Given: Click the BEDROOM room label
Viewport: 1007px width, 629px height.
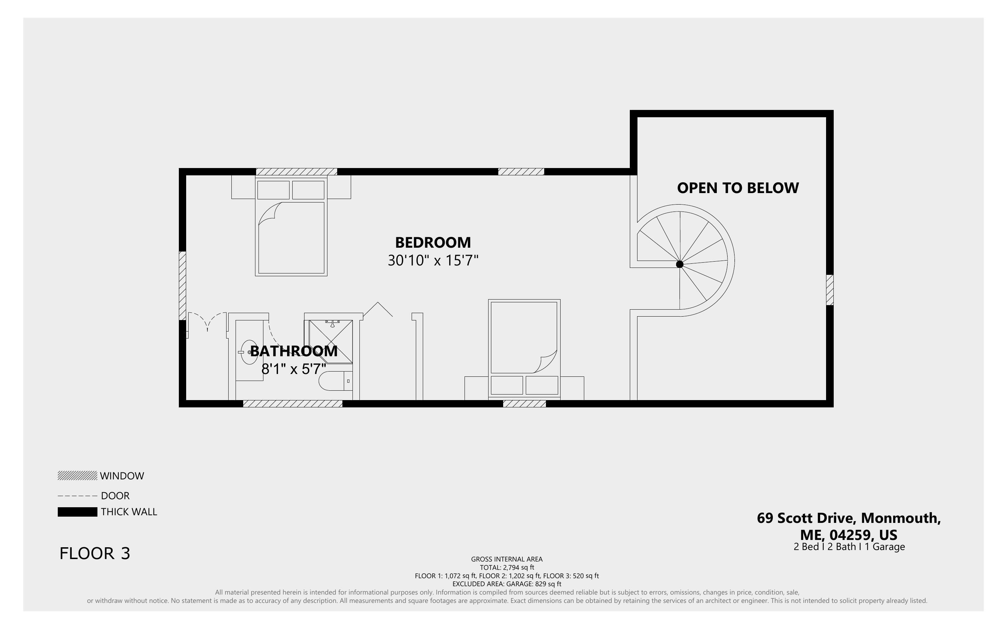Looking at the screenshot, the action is (x=433, y=242).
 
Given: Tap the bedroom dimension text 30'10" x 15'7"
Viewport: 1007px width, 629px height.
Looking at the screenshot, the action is (x=433, y=261).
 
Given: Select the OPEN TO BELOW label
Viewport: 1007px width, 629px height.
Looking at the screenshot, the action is (x=738, y=188).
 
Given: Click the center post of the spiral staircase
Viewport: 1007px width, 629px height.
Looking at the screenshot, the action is (x=680, y=264).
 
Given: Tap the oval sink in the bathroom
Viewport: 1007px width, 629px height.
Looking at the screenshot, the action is (x=249, y=352).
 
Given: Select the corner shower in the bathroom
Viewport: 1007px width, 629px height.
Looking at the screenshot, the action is (x=331, y=342).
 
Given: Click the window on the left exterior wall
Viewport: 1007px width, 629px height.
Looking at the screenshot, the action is (x=182, y=286).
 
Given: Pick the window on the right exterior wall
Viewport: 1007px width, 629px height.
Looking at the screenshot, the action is (x=830, y=290).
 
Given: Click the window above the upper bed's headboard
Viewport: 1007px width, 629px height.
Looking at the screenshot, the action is (x=296, y=172).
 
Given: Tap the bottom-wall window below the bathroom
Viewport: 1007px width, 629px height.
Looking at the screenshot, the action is (x=293, y=404).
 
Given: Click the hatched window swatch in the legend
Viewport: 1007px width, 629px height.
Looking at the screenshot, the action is (x=77, y=476).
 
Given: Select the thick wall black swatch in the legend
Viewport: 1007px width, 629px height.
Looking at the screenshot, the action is (x=77, y=512).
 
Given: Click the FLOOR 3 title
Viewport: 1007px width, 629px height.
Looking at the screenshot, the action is (x=95, y=554).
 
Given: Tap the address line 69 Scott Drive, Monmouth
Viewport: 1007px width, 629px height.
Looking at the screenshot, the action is (x=849, y=518).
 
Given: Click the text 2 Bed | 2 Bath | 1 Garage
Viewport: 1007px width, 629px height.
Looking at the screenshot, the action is (x=849, y=547).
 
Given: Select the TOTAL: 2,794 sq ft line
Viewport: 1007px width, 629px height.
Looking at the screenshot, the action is (x=507, y=567).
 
